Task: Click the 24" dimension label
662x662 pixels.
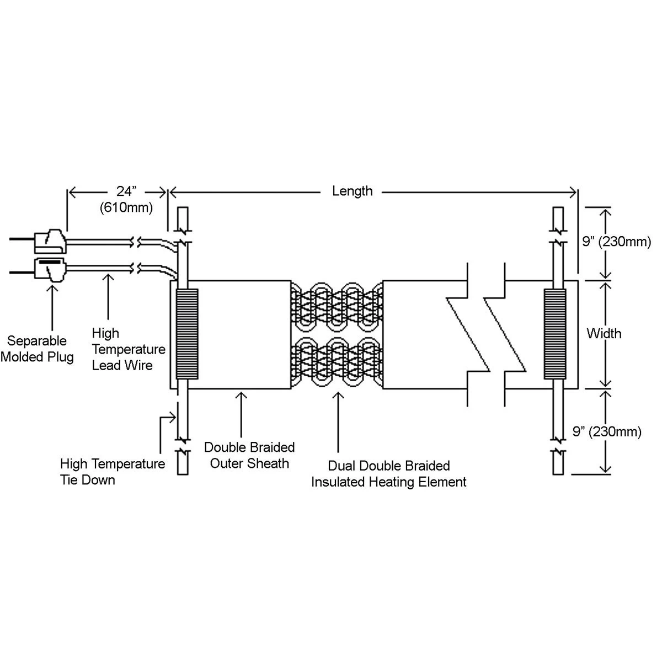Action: click(125, 191)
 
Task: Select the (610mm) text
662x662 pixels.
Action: click(126, 208)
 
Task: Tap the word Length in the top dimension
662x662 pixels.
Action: click(353, 191)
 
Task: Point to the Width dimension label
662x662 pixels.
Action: click(604, 333)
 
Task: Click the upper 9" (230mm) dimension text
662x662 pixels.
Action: click(617, 241)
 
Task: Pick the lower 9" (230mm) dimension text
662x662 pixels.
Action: click(607, 431)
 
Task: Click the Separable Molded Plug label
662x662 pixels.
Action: click(37, 349)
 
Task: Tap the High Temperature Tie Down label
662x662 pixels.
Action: click(112, 472)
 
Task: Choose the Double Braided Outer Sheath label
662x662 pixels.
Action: click(249, 455)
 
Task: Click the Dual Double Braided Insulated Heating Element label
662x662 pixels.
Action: click(389, 474)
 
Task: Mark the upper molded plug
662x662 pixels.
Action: click(51, 240)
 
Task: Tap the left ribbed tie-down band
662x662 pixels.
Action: click(186, 334)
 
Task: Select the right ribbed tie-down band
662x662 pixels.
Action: click(554, 334)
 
